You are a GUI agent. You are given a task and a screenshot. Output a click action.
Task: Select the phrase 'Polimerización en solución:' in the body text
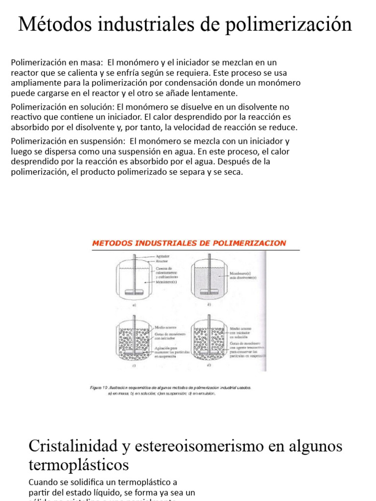62,107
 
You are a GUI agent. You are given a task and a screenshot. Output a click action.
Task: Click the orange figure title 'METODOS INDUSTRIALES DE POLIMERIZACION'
189,243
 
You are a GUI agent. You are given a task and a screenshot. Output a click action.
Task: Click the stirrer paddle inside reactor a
134,292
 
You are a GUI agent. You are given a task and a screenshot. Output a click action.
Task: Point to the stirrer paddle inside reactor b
209,292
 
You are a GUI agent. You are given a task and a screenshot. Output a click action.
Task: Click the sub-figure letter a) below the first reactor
133,304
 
